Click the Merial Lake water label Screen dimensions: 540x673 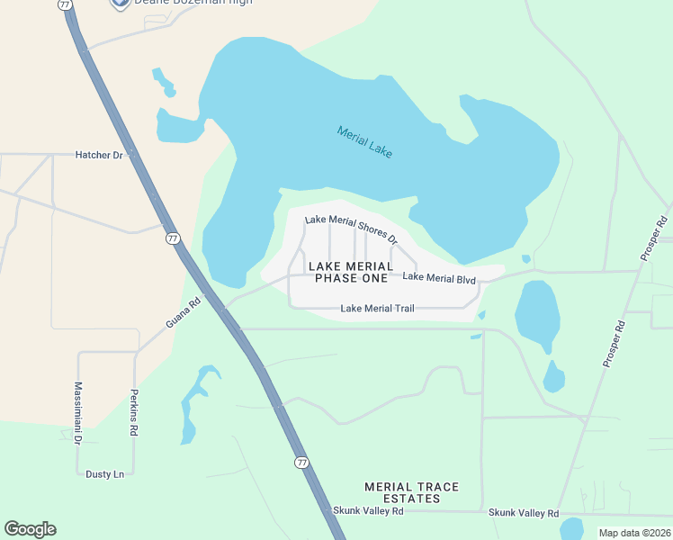[364, 142]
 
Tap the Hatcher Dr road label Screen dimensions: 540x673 [100, 156]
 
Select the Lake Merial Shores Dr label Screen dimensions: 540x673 [351, 229]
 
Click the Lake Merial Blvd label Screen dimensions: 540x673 [439, 279]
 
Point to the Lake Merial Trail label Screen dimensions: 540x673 [377, 309]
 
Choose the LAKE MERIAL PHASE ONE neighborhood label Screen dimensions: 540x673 [351, 272]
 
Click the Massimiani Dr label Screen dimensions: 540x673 [77, 413]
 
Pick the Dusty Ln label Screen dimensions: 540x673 [104, 473]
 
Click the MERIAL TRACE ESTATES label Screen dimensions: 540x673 [411, 492]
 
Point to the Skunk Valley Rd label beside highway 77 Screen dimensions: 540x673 [369, 510]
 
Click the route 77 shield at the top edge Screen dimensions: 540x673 [65, 4]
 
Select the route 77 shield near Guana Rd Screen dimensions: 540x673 [173, 238]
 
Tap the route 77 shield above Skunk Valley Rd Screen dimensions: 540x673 [301, 462]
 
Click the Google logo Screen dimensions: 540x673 [30, 529]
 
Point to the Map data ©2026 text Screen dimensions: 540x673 [634, 533]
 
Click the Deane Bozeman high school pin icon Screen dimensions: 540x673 [118, 4]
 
